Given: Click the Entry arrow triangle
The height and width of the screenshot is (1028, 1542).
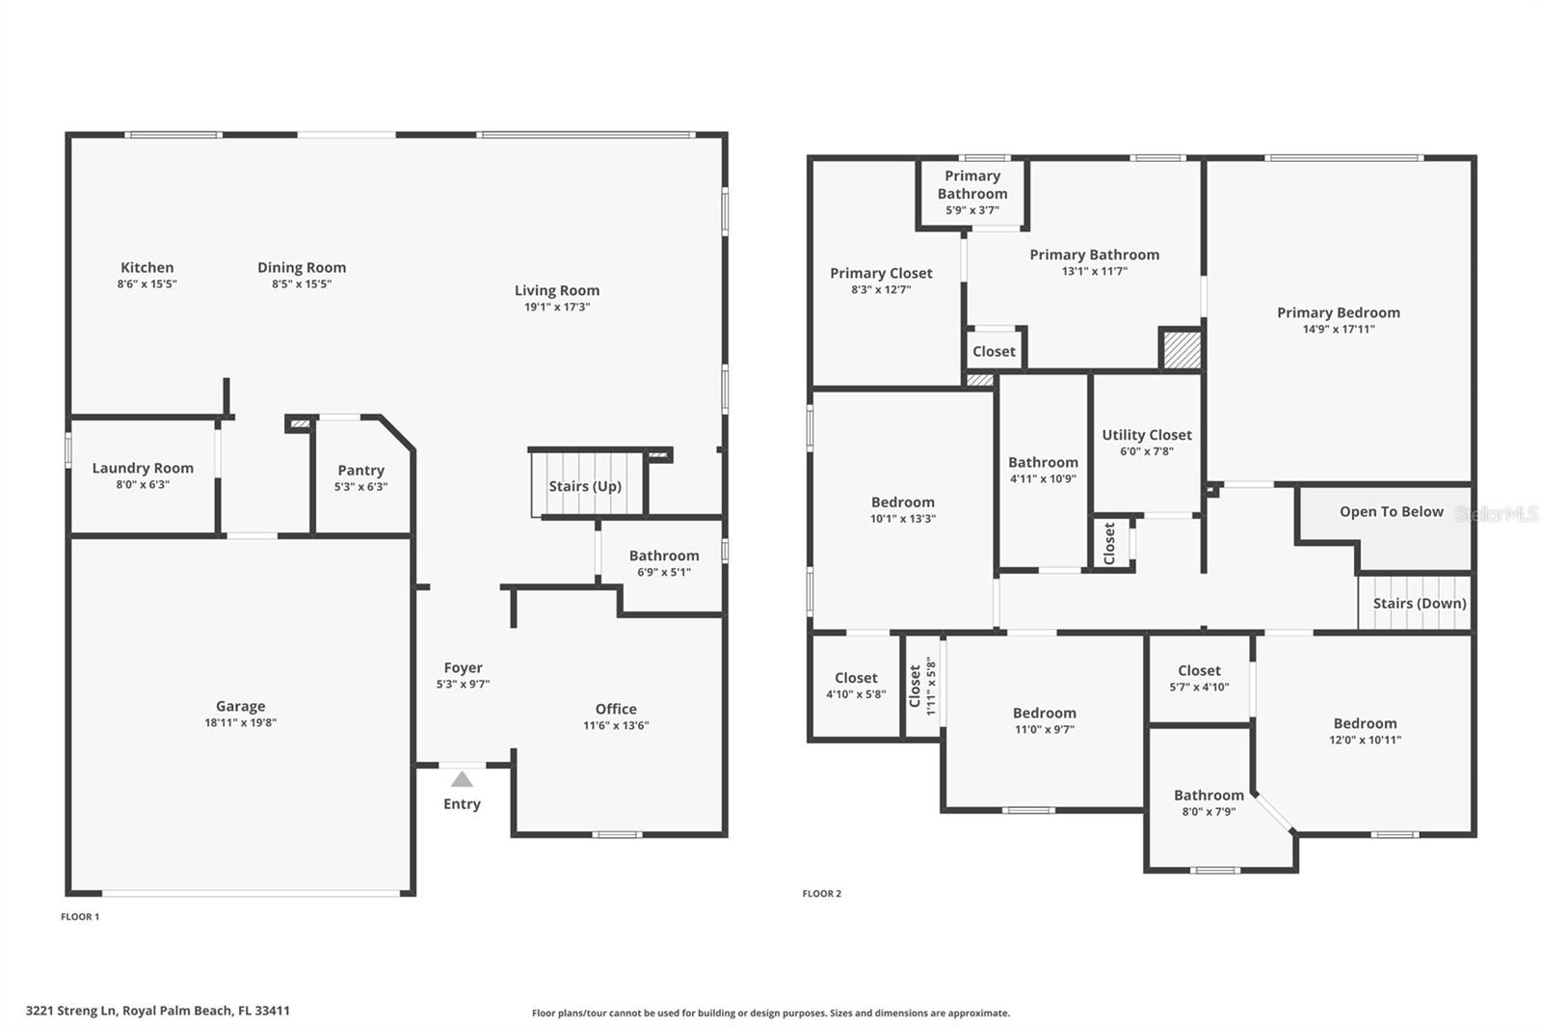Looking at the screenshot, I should (462, 779).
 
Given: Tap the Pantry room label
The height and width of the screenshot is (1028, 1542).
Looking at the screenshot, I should (360, 470).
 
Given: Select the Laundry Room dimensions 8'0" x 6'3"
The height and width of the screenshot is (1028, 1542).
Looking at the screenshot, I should (143, 485).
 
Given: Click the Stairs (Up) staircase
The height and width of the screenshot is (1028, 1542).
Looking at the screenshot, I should (585, 485).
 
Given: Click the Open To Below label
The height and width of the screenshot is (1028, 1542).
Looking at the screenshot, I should (1391, 511).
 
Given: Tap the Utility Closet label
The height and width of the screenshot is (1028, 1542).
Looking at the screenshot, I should (1146, 434).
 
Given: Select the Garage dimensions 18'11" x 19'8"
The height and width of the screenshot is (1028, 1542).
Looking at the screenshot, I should (240, 722).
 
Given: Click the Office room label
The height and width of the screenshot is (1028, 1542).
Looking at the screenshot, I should (615, 708).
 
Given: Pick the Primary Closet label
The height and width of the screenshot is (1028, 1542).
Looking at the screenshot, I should (881, 273).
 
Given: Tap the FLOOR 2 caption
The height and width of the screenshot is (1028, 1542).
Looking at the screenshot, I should (821, 894).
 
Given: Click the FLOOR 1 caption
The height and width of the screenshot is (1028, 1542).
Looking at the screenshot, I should (80, 917).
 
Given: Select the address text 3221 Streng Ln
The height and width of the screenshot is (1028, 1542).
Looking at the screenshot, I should (71, 1011).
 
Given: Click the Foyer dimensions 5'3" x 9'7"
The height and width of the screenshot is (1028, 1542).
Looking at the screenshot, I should (463, 685).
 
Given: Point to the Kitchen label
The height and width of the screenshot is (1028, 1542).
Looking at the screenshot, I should (146, 267).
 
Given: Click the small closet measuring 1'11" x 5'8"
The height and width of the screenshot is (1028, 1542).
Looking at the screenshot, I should (922, 686).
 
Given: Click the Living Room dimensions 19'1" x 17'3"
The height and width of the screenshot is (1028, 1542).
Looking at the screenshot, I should (557, 307).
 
